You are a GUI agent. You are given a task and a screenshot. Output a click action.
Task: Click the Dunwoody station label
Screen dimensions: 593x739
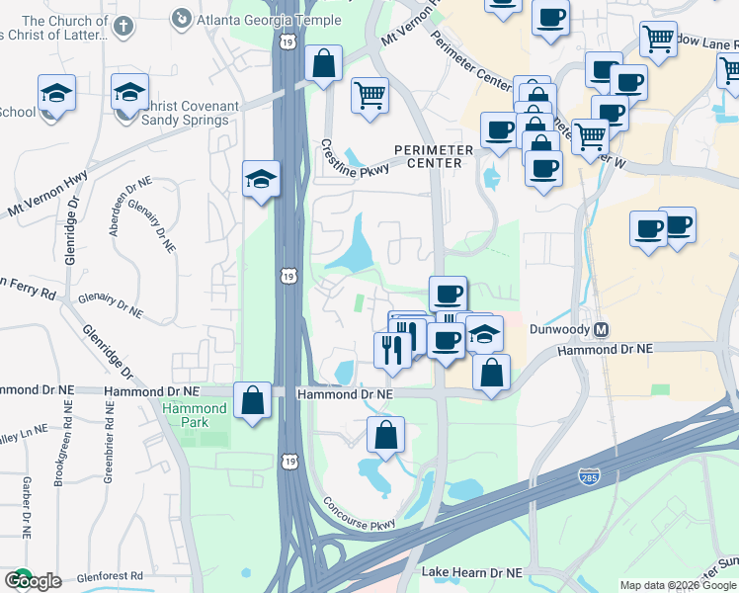560,329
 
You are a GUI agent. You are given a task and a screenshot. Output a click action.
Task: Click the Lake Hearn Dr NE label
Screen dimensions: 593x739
470,572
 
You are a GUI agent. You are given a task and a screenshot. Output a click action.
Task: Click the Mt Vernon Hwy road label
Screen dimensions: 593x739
46,194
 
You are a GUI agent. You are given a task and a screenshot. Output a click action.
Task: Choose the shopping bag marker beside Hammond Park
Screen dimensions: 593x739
253,401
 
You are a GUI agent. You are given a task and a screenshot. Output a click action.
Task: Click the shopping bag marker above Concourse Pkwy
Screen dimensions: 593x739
385,435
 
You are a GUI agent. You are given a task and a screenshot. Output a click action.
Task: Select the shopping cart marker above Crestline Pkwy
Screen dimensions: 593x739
369,96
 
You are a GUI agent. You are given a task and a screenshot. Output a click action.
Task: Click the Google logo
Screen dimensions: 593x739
33,580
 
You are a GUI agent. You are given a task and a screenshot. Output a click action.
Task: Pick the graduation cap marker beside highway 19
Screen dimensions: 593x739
261,179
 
